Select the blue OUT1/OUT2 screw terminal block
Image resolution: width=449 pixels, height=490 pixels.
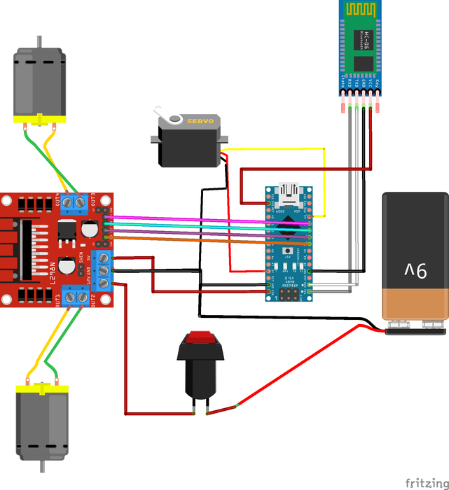(x=78, y=297)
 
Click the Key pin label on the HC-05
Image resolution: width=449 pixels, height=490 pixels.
(x=378, y=85)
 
